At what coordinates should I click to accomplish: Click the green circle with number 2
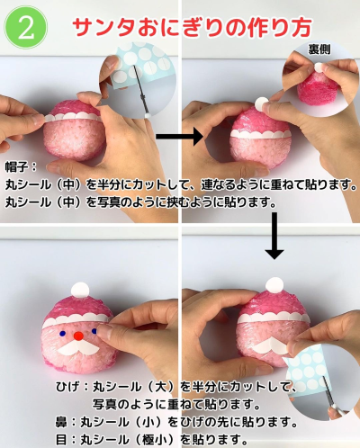pyautogui.click(x=25, y=28)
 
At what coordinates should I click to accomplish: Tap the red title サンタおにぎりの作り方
pyautogui.click(x=192, y=28)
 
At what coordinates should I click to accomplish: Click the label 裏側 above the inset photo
pyautogui.click(x=319, y=49)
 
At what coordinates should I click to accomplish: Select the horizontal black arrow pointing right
pyautogui.click(x=180, y=137)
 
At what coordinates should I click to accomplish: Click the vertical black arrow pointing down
pyautogui.click(x=274, y=236)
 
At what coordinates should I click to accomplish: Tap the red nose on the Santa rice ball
pyautogui.click(x=78, y=336)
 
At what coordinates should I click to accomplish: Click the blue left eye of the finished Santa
pyautogui.click(x=63, y=333)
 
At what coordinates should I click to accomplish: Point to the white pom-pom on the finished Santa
pyautogui.click(x=80, y=290)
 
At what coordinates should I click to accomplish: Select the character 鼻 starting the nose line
pyautogui.click(x=61, y=422)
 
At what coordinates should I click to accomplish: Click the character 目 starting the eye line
pyautogui.click(x=61, y=440)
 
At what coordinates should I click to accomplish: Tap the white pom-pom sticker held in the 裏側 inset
pyautogui.click(x=319, y=68)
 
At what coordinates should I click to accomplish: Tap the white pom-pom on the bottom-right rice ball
pyautogui.click(x=274, y=285)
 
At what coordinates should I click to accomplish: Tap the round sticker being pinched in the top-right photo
pyautogui.click(x=262, y=103)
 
